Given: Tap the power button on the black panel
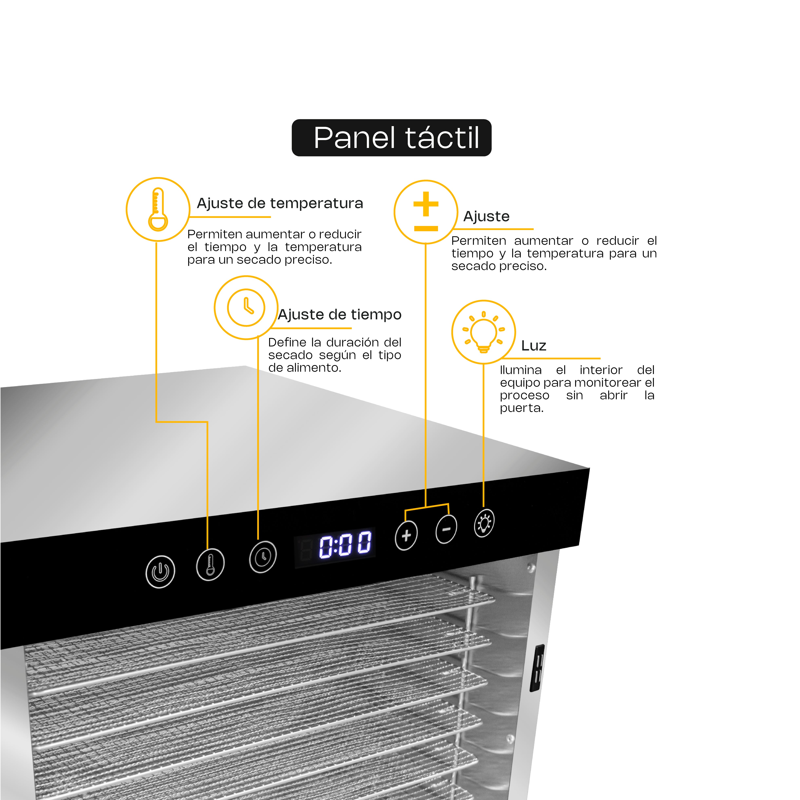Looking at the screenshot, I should coord(160,572).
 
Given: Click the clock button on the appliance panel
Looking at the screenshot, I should coord(263,557).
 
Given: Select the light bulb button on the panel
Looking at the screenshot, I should coord(484,523).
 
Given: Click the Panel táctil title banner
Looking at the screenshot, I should coord(391,138).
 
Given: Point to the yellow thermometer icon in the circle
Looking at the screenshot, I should coord(158,210).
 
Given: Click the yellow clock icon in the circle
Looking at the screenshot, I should coord(246,308).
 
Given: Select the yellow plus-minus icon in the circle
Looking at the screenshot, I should coord(426,212).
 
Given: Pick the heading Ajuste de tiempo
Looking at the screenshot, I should coord(339,315).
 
